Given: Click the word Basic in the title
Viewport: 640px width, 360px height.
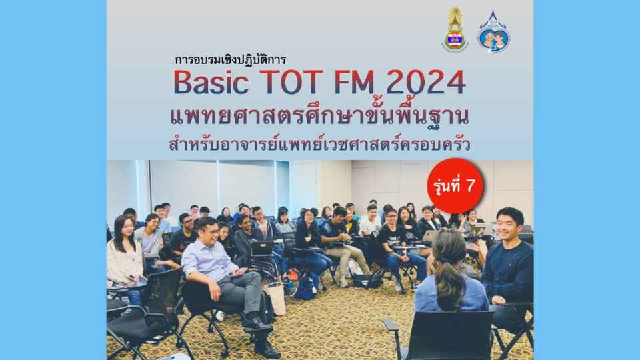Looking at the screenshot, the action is point(211,83).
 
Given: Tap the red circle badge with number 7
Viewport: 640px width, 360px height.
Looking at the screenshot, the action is point(455,186).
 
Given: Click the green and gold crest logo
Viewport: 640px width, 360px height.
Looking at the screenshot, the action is point(455,29).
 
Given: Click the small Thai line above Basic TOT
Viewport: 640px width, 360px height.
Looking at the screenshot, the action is point(230,60).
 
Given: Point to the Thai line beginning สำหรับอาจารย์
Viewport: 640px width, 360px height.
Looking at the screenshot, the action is point(319,144).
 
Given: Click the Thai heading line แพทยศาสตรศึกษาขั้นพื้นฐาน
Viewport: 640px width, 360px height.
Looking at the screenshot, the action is point(319,116).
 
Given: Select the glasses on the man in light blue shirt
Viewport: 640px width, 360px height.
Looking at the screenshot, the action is point(212,232).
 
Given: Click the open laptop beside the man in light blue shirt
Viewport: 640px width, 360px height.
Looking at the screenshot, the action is point(262,248).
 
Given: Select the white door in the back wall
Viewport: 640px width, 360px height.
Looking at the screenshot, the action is point(304,187).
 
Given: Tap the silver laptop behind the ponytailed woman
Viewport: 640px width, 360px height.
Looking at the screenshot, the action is point(429,236).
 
